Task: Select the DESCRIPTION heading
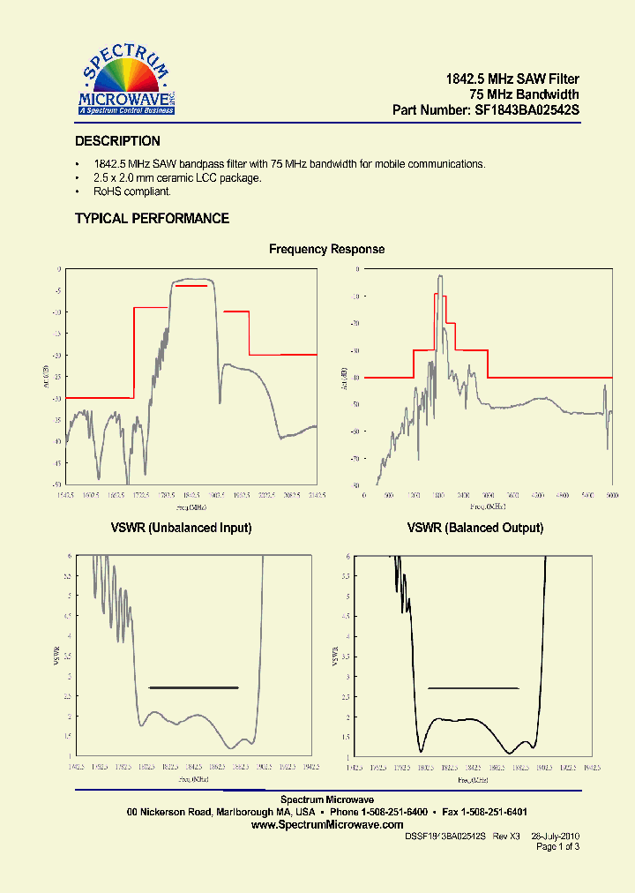(x=117, y=141)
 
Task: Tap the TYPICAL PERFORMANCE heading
(x=152, y=219)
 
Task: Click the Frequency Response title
(x=326, y=250)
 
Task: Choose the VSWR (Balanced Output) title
(x=474, y=528)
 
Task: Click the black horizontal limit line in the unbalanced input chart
(x=194, y=687)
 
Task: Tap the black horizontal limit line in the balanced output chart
(x=473, y=688)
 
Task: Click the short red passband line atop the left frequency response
(x=190, y=286)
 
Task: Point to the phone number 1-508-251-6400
(x=390, y=811)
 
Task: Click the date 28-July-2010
(x=555, y=836)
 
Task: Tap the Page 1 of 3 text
(x=557, y=846)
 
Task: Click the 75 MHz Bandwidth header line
(x=524, y=95)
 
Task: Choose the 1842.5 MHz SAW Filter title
(x=512, y=79)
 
